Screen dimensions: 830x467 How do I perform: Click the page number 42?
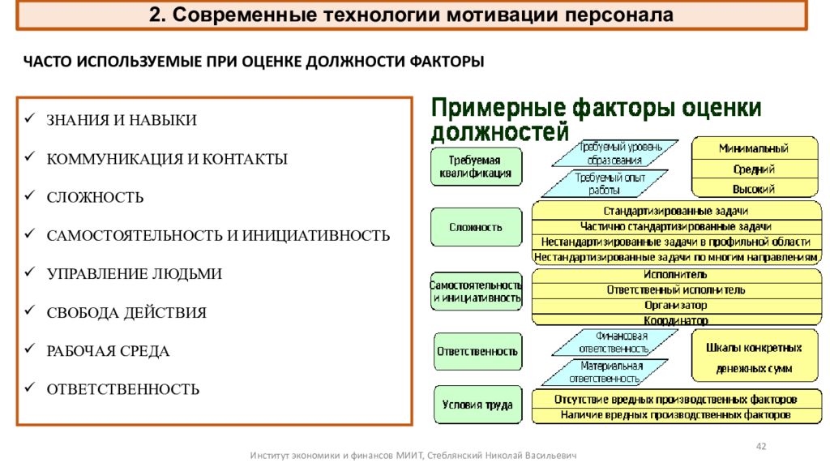761,447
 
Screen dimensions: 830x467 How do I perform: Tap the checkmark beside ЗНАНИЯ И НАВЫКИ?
30,118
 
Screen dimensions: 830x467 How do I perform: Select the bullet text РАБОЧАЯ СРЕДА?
108,351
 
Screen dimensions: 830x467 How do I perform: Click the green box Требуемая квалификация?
476,166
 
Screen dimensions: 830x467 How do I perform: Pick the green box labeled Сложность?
476,227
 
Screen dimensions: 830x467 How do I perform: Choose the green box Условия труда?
477,405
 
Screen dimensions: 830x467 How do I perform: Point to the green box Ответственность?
477,352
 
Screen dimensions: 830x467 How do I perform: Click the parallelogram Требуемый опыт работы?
605,184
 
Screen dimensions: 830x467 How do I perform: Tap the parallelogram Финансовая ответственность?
614,343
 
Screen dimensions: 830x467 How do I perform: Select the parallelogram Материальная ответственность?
605,372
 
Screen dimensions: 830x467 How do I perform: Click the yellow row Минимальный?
755,148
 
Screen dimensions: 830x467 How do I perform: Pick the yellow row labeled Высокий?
755,189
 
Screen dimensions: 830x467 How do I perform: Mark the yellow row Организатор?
676,306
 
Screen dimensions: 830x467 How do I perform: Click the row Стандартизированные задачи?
676,212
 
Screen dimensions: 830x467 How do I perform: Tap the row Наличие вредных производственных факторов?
676,415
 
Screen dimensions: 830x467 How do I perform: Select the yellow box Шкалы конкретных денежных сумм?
755,358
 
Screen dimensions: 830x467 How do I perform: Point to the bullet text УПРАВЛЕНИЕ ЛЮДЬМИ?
135,274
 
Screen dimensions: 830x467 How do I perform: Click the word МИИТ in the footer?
410,456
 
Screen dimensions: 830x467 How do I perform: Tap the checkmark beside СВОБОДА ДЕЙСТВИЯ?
30,310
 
